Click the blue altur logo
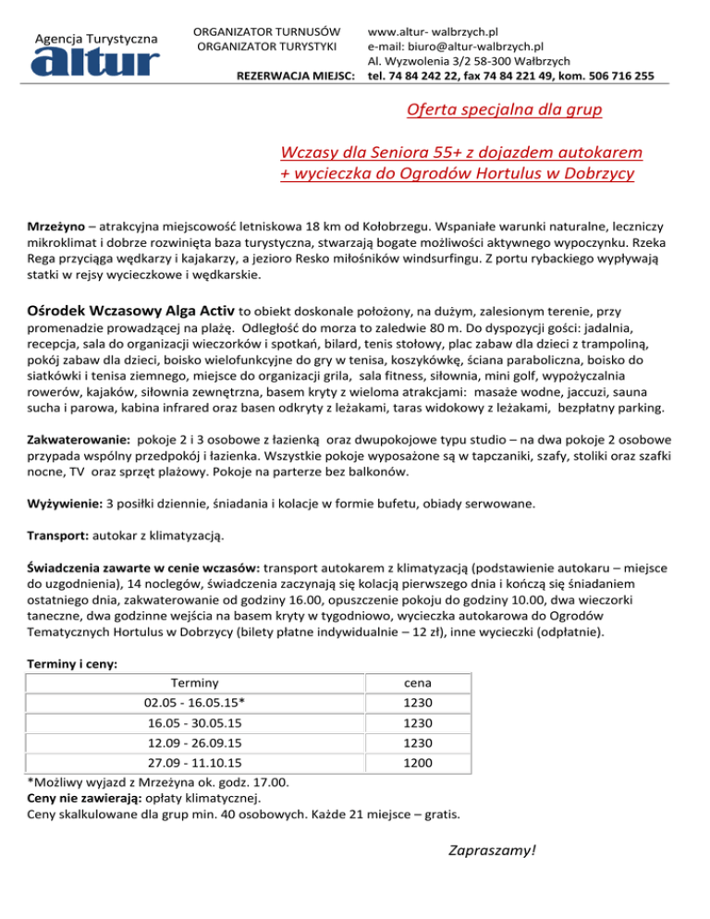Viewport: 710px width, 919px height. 96,61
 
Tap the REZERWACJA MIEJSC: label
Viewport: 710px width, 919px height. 297,76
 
